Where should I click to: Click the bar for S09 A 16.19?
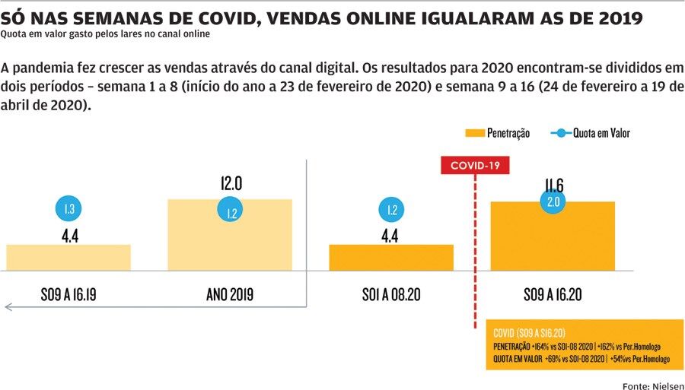tap(68, 257)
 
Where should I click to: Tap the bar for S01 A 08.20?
tap(391, 257)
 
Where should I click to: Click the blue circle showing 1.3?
tap(68, 209)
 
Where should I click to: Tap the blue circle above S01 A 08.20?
tap(391, 211)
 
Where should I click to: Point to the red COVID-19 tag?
tap(475, 166)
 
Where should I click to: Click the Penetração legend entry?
tap(497, 133)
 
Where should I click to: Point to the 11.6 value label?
tap(553, 185)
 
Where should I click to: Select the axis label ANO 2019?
tap(230, 293)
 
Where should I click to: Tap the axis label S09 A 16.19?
tap(68, 293)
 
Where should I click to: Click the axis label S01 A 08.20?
tap(391, 293)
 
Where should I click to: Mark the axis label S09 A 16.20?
tap(553, 293)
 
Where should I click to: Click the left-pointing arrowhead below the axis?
tap(8, 307)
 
